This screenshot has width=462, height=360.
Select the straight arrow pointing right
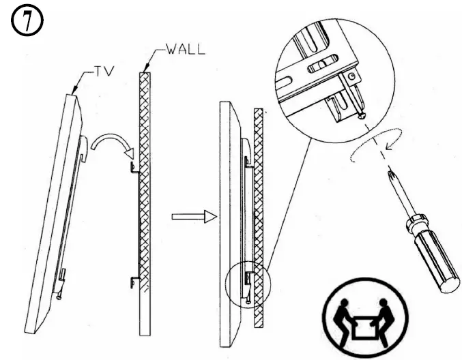coord(193,217)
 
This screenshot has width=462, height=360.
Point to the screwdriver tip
coord(390,175)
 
